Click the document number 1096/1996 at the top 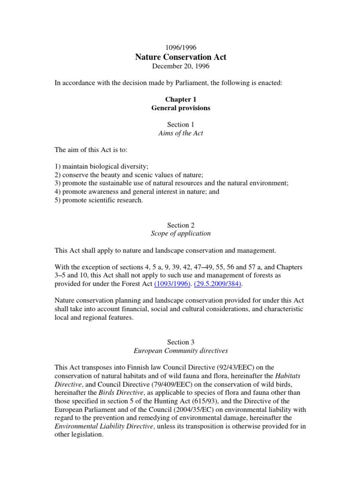point(181,48)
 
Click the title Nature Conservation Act point(181,57)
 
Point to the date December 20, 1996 point(181,66)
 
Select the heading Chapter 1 point(181,99)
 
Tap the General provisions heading point(181,108)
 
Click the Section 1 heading point(181,125)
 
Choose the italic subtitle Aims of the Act point(181,133)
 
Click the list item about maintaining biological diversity point(101,167)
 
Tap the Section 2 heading point(181,225)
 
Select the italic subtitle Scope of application point(181,233)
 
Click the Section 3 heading point(181,342)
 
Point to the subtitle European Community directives point(181,351)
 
